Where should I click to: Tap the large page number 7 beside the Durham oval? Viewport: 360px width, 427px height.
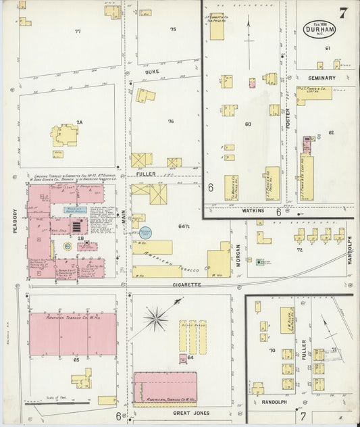(344, 13)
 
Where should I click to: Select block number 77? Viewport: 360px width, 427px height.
(78, 31)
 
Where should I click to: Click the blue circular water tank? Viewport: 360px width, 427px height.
(145, 232)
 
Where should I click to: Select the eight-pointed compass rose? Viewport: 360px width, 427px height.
(156, 318)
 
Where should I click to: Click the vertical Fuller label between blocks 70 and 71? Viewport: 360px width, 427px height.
(305, 353)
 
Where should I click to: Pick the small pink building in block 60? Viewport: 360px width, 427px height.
(252, 83)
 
